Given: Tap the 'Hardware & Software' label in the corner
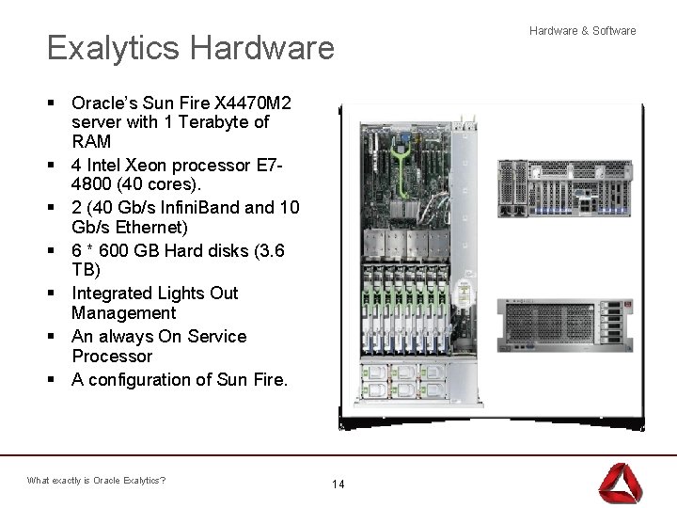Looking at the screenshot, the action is [x=583, y=31].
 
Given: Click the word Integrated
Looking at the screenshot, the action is [x=120, y=294].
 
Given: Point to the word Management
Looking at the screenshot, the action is [x=124, y=313].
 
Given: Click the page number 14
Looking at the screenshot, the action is [x=338, y=484].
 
